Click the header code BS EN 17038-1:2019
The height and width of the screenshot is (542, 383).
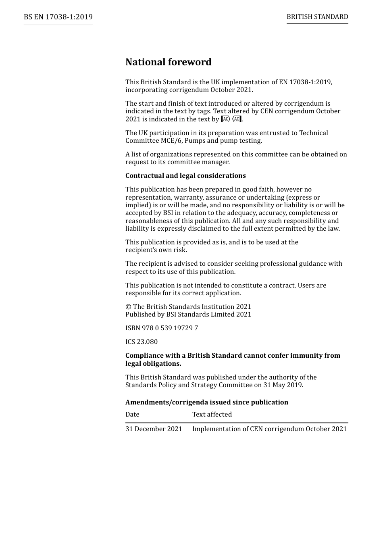click(x=58, y=17)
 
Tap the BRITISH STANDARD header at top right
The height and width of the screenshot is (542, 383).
click(x=317, y=17)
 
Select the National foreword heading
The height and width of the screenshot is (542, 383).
click(x=168, y=62)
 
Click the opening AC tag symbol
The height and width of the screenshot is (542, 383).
click(x=226, y=119)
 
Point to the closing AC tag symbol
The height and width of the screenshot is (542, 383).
click(x=237, y=119)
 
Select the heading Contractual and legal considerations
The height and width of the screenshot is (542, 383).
click(x=185, y=176)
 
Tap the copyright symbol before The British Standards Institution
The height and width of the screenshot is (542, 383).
click(x=128, y=307)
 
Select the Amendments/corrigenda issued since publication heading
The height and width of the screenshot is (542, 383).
click(x=207, y=402)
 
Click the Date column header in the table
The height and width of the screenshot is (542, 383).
click(x=132, y=415)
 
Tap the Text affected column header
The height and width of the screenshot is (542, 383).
click(x=212, y=415)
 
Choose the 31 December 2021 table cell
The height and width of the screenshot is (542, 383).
click(x=154, y=429)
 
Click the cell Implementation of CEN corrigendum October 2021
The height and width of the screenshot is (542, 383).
click(x=269, y=429)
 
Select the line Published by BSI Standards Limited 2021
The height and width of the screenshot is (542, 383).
click(x=188, y=315)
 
